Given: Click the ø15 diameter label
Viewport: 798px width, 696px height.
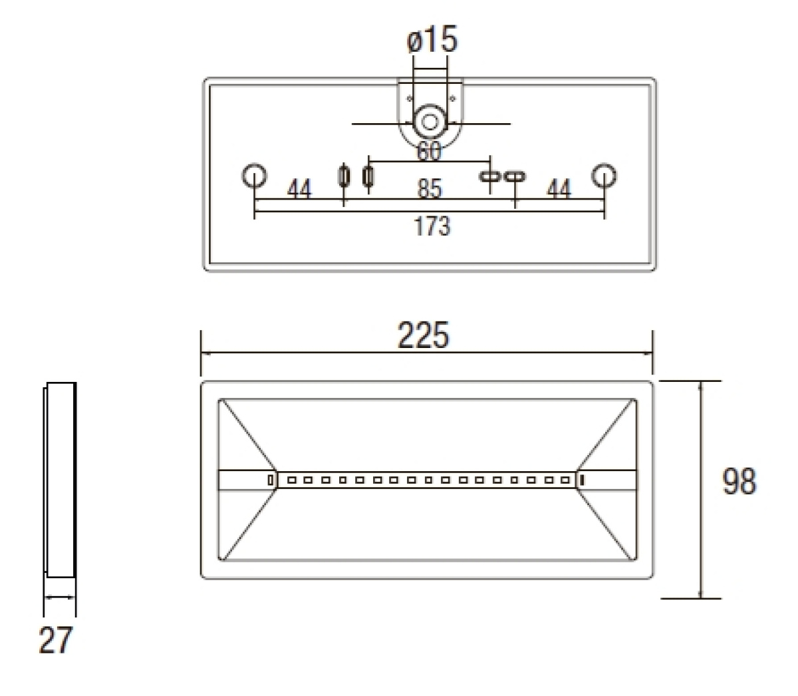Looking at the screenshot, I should [432, 41].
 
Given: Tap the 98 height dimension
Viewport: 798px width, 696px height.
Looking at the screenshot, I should [739, 481].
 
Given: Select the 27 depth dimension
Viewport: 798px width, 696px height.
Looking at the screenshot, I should [55, 640].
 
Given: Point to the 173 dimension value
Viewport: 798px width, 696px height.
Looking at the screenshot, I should [432, 226].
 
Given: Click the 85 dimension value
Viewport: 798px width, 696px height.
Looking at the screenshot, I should [430, 189].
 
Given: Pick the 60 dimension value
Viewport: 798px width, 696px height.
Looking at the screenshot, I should [429, 152].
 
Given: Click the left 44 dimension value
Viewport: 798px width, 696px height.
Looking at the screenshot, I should [299, 190].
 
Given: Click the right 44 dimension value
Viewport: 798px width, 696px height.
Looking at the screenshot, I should [559, 189].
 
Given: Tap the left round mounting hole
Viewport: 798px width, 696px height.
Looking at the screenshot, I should [254, 176].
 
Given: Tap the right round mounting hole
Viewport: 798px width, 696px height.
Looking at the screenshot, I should [604, 176].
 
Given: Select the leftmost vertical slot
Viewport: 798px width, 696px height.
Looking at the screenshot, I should [344, 176].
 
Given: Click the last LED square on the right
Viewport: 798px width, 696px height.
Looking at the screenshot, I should [566, 479].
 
